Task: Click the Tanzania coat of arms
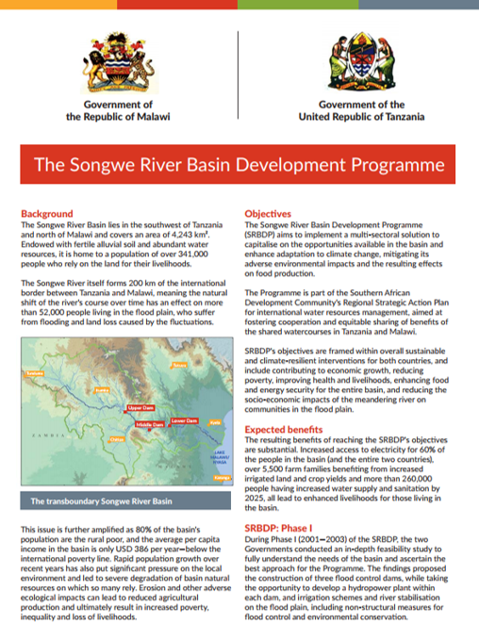(x=359, y=59)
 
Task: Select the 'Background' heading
(x=46, y=214)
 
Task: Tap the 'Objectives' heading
(x=268, y=214)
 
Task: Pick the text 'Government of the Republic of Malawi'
(x=118, y=110)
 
